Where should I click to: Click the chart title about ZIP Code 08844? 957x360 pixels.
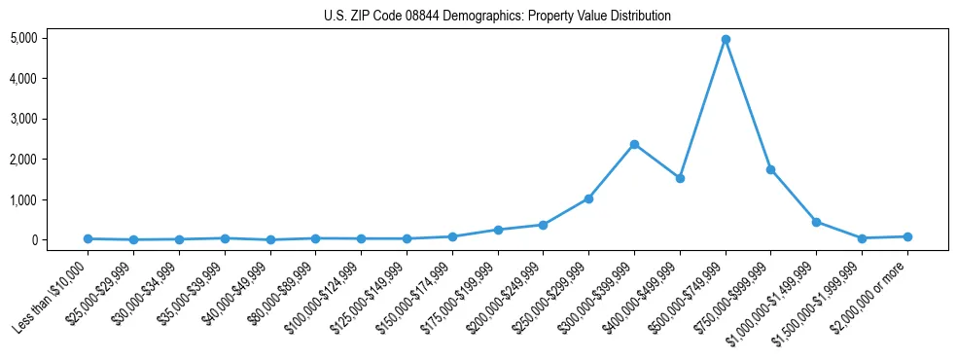497,17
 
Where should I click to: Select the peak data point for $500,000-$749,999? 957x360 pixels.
726,40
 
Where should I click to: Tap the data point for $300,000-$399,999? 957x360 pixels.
634,144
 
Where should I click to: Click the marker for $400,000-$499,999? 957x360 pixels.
680,178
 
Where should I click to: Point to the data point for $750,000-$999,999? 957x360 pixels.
770,169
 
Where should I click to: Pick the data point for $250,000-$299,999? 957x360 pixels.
588,198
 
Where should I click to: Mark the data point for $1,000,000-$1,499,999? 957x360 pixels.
816,222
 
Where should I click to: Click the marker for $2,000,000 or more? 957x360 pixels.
907,236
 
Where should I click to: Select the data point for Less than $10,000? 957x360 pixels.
89,238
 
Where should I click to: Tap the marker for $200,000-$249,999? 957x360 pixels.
543,225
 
